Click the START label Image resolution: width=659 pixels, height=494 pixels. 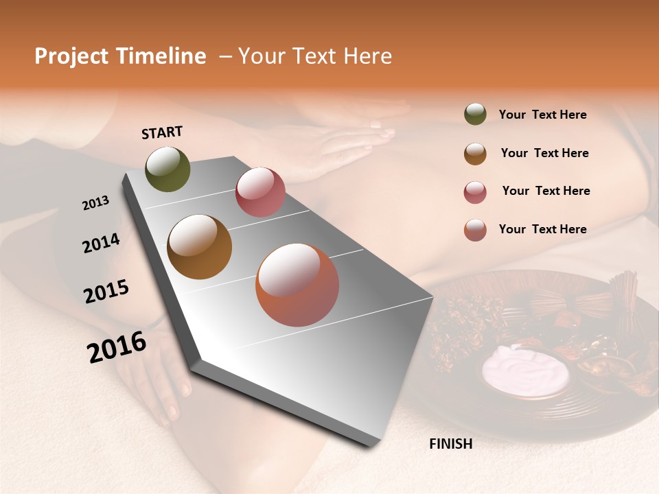[162, 132]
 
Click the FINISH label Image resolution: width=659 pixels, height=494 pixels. [450, 444]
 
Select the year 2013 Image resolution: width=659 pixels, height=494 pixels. [95, 203]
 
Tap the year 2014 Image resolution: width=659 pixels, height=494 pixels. [101, 243]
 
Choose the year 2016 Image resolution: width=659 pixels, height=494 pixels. [117, 346]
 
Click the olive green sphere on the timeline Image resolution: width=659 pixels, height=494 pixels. [167, 169]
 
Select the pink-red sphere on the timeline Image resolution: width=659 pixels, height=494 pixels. [260, 192]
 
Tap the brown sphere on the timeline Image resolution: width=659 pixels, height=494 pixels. [199, 247]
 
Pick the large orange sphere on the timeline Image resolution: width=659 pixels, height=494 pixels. [297, 285]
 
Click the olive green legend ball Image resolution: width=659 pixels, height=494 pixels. [475, 114]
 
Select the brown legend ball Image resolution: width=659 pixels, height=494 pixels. [475, 154]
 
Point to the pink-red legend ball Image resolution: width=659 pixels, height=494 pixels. [475, 192]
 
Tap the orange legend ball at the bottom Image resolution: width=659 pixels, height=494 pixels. [475, 230]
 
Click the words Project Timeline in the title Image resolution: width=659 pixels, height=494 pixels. [120, 56]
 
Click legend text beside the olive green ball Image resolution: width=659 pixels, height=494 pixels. [542, 115]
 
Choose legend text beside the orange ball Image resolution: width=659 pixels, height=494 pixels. [542, 229]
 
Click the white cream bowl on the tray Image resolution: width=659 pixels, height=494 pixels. [525, 370]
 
